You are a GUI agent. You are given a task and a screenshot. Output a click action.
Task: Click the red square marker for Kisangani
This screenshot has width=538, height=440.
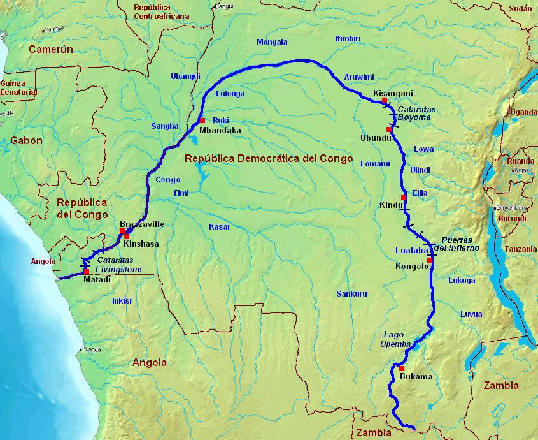coord(385,101)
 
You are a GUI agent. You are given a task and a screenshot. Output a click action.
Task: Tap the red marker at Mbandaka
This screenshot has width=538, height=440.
coord(202,121)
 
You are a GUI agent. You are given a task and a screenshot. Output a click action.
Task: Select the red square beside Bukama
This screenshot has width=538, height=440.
coord(402,369)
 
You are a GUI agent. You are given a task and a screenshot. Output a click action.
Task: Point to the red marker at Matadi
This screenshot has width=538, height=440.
coord(86,272)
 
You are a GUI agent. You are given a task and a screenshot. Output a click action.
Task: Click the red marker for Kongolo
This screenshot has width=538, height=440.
coord(430,260)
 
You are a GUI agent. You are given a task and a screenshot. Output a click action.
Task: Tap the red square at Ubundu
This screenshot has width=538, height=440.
coord(388,129)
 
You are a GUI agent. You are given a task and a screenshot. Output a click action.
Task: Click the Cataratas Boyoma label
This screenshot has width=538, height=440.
coord(416,114)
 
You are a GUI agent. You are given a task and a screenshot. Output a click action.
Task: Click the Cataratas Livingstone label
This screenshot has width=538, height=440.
coord(122,265)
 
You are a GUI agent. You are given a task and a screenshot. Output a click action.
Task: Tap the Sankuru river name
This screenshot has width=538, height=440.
coord(351,294)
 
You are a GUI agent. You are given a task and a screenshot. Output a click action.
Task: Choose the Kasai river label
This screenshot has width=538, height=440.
coord(219,227)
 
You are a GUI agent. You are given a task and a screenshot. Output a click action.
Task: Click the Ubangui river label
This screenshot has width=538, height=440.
coord(185,77)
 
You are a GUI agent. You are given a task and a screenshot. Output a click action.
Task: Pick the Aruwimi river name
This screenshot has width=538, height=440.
coord(359,77)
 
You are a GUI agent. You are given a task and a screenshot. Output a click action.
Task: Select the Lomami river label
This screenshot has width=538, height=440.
coord(375,164)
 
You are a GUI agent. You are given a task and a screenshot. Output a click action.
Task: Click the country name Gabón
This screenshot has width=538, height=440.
coord(26,141)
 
